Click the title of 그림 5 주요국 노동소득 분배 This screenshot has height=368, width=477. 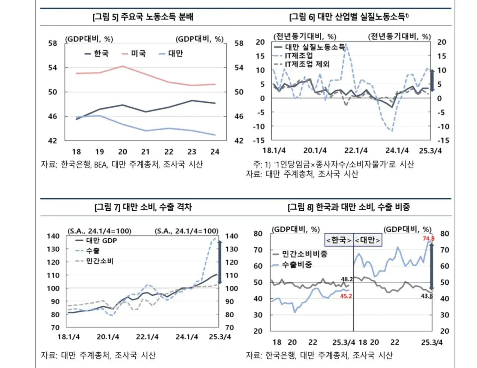143,17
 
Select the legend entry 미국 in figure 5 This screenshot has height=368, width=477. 138,54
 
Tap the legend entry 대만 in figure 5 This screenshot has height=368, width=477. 175,54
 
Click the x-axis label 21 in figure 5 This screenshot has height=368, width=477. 145,152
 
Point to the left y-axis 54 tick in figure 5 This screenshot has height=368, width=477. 53,67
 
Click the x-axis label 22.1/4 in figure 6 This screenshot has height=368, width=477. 356,150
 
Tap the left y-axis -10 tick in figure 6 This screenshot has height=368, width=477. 259,126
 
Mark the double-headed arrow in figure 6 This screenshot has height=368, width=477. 432,80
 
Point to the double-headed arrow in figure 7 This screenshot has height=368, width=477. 220,262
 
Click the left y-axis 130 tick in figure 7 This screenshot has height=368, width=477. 53,249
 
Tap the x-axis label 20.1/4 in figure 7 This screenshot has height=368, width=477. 108,337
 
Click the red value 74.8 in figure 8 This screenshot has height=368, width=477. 428,238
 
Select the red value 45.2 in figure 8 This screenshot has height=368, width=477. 346,296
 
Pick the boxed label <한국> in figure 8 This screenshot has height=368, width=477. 338,240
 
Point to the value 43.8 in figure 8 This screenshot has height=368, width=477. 427,296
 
